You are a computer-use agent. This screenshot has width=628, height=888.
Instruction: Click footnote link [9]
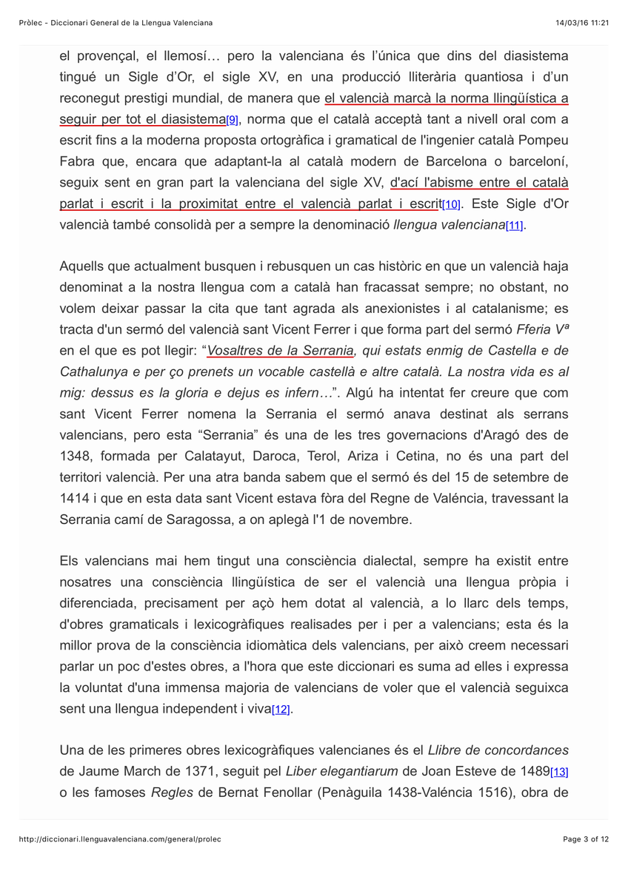pos(232,121)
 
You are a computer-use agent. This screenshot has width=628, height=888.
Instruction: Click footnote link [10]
pos(451,205)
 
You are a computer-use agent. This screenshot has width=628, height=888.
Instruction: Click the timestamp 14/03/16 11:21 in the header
pos(582,23)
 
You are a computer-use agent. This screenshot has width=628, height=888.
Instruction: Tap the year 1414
pos(73,498)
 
